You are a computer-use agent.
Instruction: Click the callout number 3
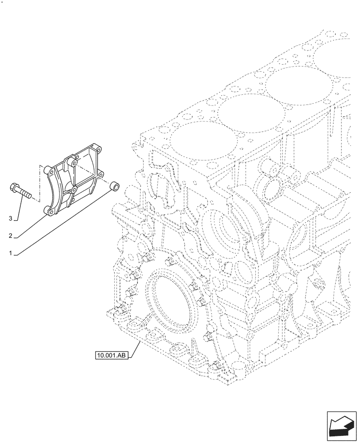pos(11,218)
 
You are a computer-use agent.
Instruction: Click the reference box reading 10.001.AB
pos(111,355)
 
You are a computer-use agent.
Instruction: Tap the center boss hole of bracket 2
pos(74,190)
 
